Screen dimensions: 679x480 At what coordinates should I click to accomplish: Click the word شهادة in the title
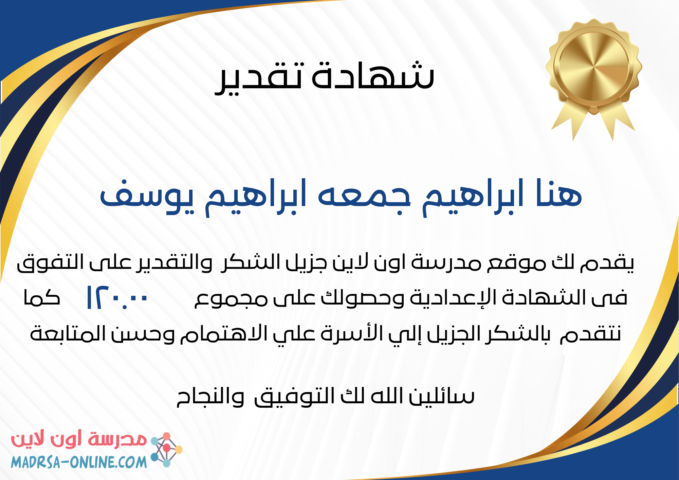coord(373,75)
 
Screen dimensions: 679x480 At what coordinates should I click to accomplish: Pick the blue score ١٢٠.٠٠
coord(117,297)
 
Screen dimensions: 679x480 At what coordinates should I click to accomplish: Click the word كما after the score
coord(41,297)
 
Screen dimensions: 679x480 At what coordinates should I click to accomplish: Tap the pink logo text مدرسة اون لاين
coord(79,440)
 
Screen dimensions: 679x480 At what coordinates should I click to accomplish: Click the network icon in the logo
coord(166,449)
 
